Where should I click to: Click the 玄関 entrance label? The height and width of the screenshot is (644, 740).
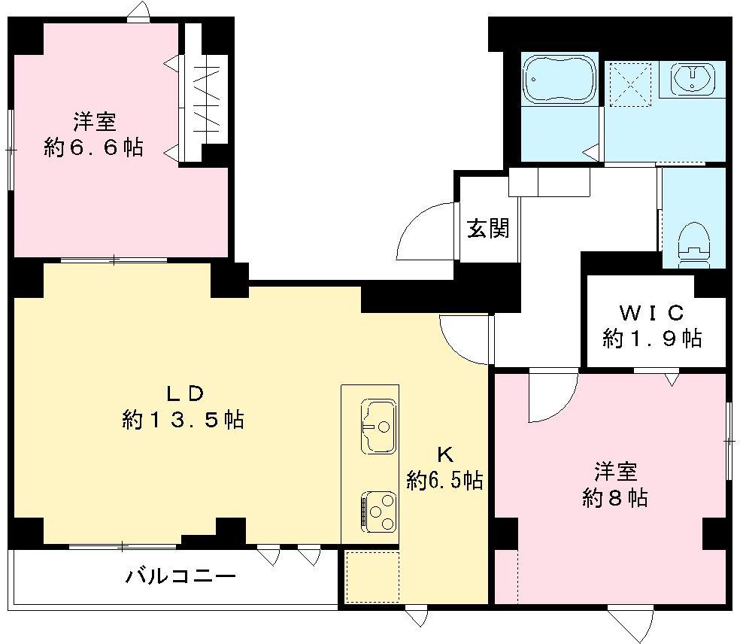488,228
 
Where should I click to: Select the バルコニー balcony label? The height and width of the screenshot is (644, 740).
180,578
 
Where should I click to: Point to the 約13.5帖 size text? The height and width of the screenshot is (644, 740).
183,420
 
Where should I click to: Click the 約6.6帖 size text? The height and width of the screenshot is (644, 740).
93,148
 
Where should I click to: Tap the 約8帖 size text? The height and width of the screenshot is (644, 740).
615,497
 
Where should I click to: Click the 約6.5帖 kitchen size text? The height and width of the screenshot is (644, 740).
444,479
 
